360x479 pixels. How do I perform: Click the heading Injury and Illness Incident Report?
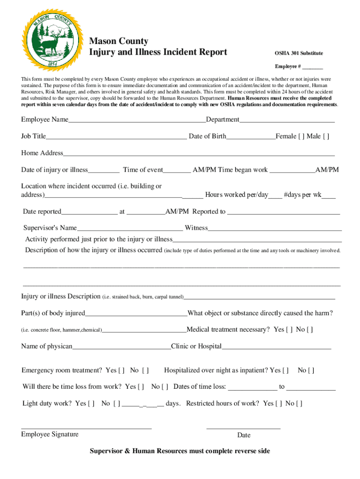click(x=158, y=52)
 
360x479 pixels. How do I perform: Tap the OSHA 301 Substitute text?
click(x=298, y=53)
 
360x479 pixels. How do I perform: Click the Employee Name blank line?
click(x=137, y=120)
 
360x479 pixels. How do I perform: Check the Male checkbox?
click(x=326, y=137)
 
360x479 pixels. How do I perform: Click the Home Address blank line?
click(x=199, y=154)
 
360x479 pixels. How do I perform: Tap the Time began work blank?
click(x=292, y=170)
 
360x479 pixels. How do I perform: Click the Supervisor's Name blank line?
click(x=130, y=229)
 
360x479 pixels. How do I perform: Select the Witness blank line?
click(x=274, y=229)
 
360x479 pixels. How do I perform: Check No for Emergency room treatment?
click(x=145, y=370)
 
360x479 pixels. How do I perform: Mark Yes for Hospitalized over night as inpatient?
click(x=286, y=370)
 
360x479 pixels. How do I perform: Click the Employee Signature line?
click(x=86, y=427)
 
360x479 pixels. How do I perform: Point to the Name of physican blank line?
click(x=122, y=348)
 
